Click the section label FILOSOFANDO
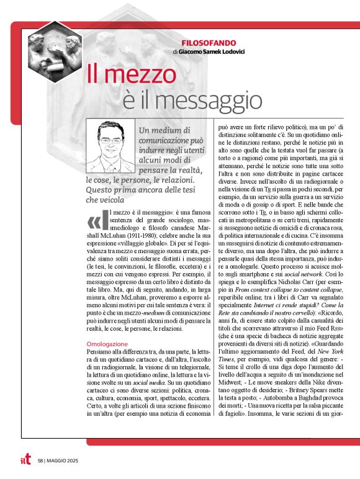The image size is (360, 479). pyautogui.click(x=209, y=43)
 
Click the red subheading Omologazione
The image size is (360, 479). pyautogui.click(x=107, y=343)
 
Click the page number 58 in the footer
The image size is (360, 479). pyautogui.click(x=40, y=461)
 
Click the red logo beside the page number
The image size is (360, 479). pyautogui.click(x=25, y=460)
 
